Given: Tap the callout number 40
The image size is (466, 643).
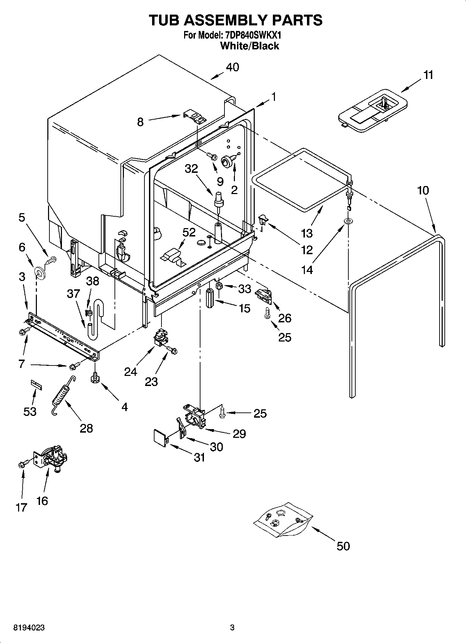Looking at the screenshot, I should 232,67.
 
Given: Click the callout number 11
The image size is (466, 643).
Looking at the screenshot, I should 428,75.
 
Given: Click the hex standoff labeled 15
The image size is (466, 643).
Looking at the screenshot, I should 210,298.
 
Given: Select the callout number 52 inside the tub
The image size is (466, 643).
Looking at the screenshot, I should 189,232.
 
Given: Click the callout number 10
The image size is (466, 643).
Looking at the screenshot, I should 423,191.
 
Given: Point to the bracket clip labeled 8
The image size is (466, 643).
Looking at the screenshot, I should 195,116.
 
